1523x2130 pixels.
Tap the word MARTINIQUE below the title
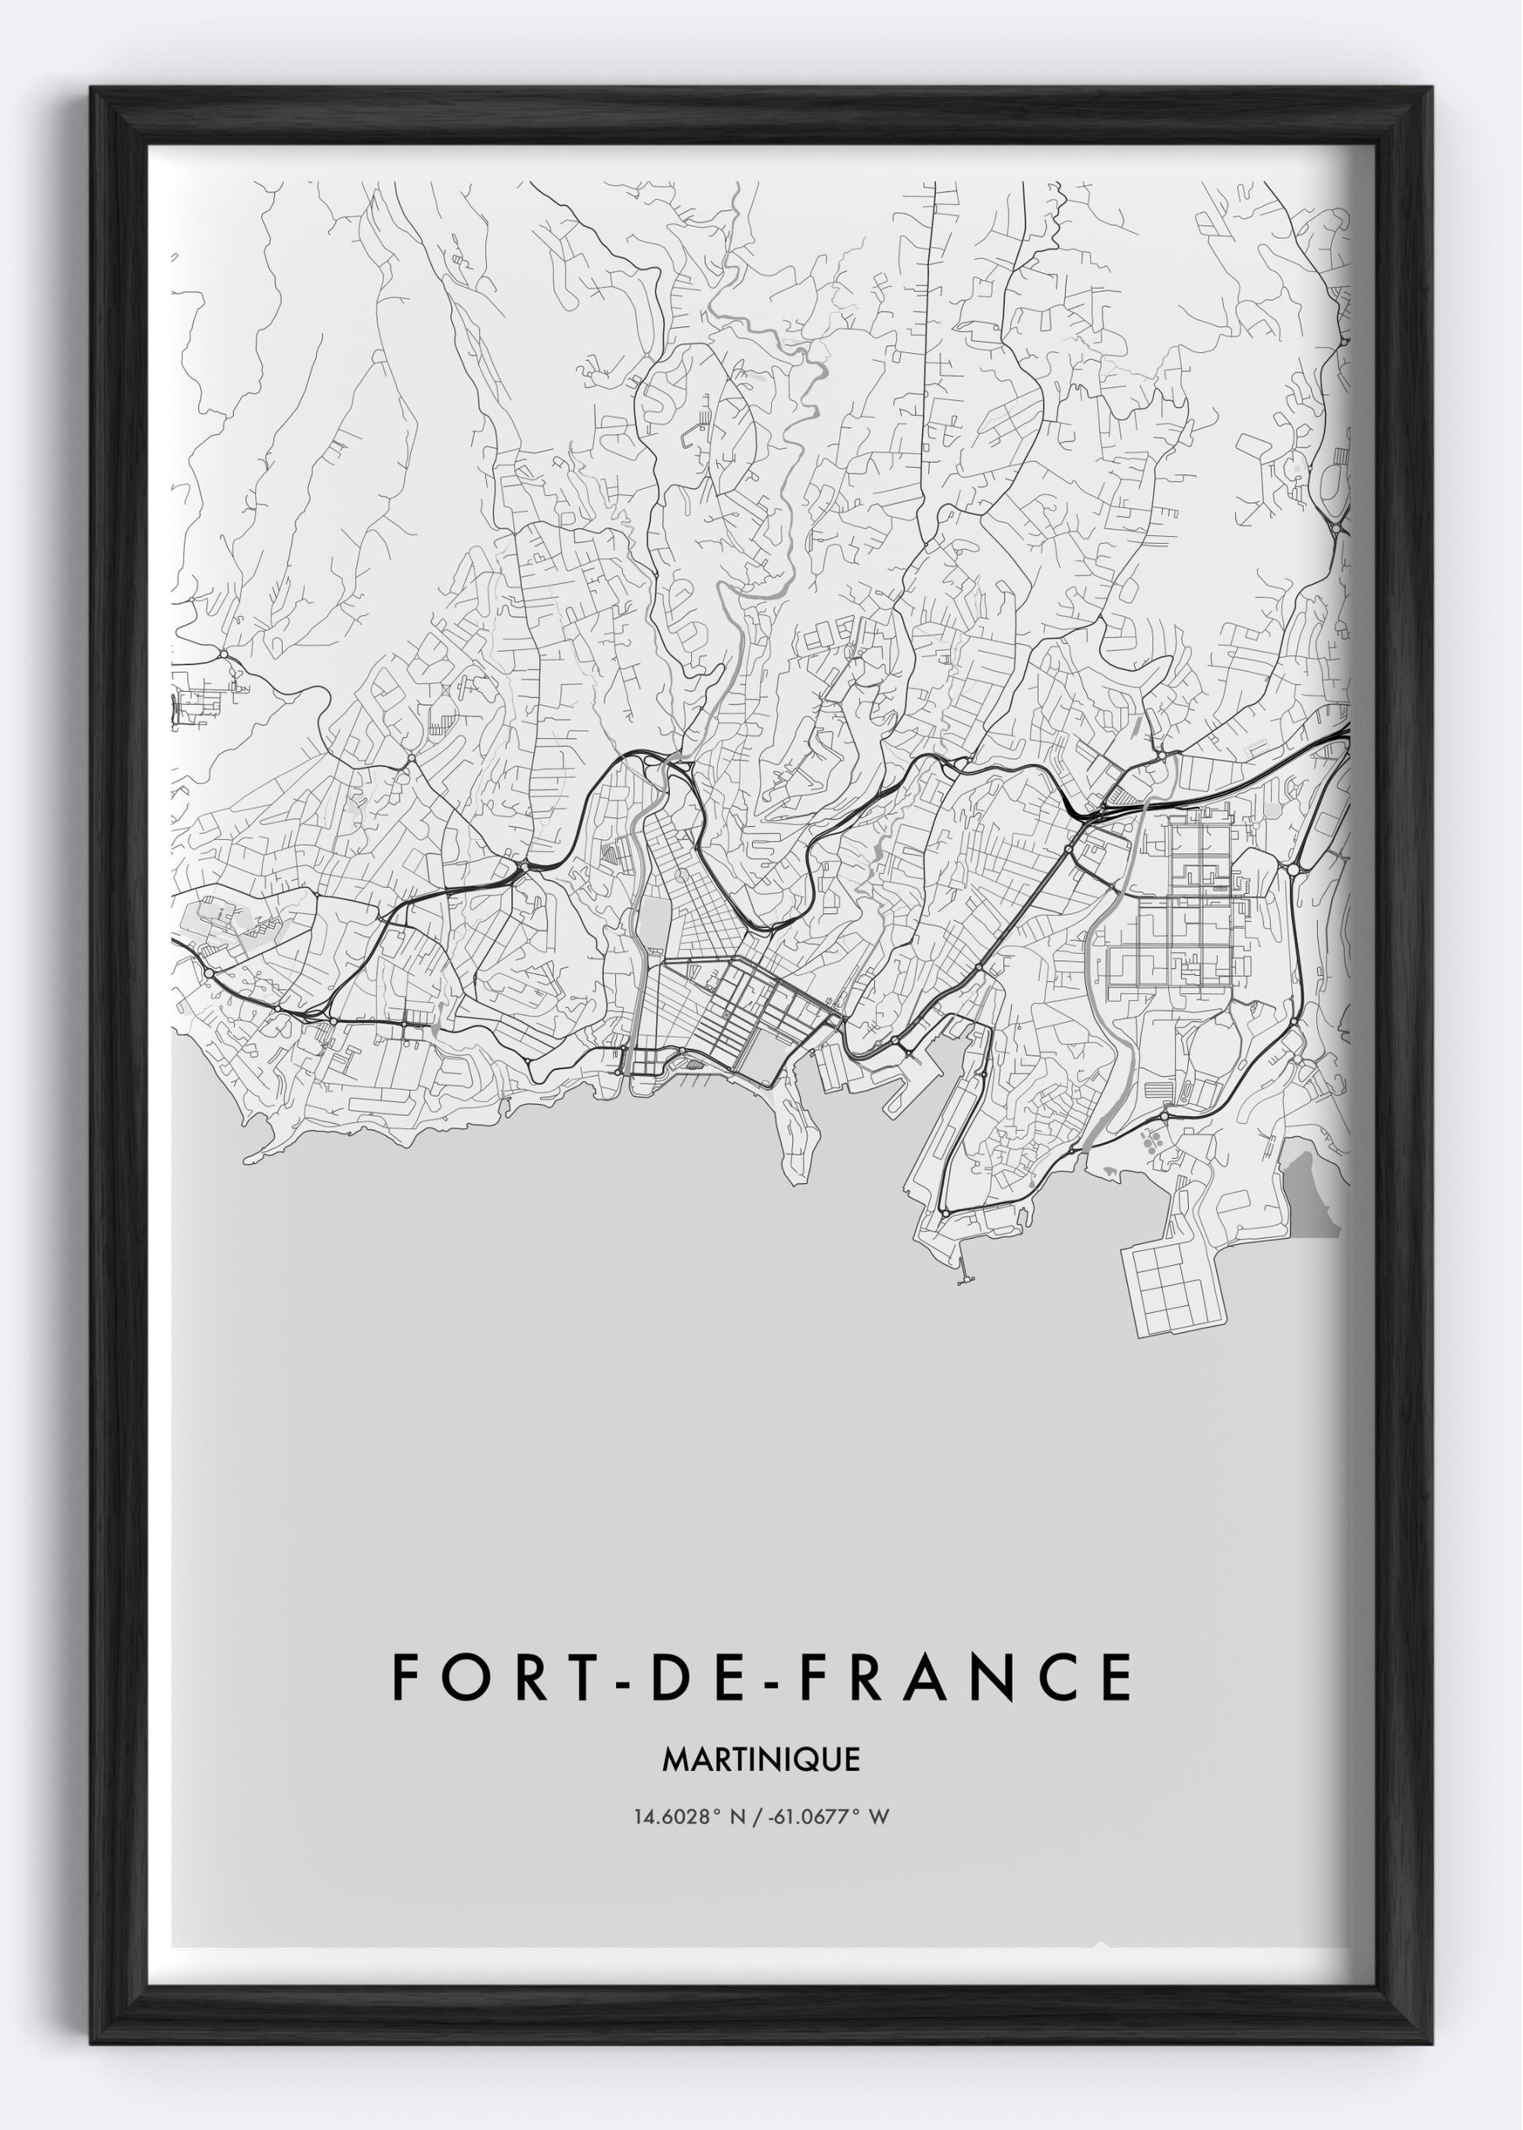[761, 1760]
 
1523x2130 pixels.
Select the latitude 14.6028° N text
[689, 1817]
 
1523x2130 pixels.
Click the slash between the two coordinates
[758, 1817]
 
